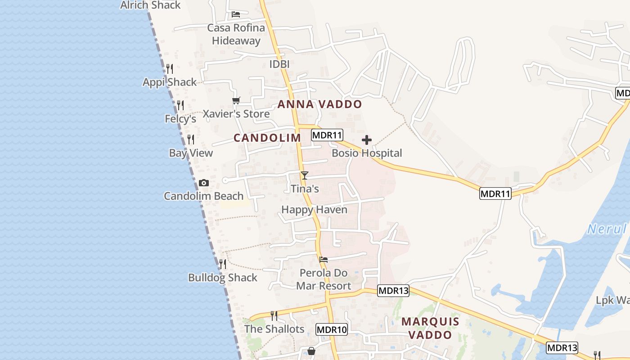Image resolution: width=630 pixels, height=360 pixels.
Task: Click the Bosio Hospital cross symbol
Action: pyautogui.click(x=367, y=140)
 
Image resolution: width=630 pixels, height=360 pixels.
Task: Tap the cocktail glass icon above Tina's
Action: pyautogui.click(x=305, y=175)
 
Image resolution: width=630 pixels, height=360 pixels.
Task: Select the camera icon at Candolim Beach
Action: pyautogui.click(x=204, y=183)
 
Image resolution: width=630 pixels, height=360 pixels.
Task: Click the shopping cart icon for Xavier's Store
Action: pyautogui.click(x=236, y=100)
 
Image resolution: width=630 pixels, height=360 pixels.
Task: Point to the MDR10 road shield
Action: pyautogui.click(x=332, y=329)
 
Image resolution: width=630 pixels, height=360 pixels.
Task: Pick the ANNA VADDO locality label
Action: pyautogui.click(x=319, y=104)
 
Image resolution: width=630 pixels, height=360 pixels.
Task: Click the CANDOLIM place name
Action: pyautogui.click(x=267, y=138)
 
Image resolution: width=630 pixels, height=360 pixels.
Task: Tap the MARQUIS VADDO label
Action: pyautogui.click(x=430, y=328)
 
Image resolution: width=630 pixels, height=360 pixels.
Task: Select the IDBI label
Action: pyautogui.click(x=279, y=64)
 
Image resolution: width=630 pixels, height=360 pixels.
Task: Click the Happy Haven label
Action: pyautogui.click(x=314, y=210)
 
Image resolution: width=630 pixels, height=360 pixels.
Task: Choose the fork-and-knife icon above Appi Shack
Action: pyautogui.click(x=170, y=69)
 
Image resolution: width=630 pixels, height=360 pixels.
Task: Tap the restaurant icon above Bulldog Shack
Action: pyautogui.click(x=222, y=264)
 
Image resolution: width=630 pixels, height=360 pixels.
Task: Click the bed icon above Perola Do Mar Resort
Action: pyautogui.click(x=324, y=260)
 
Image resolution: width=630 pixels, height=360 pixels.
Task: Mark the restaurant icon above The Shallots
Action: pyautogui.click(x=274, y=315)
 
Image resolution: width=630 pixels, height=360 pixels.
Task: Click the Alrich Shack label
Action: pyautogui.click(x=150, y=5)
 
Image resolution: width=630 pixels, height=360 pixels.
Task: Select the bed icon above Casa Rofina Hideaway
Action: pyautogui.click(x=236, y=14)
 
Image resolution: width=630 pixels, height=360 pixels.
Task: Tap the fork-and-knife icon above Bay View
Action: pyautogui.click(x=191, y=139)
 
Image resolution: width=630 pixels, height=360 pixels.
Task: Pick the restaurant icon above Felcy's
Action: pyautogui.click(x=180, y=105)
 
